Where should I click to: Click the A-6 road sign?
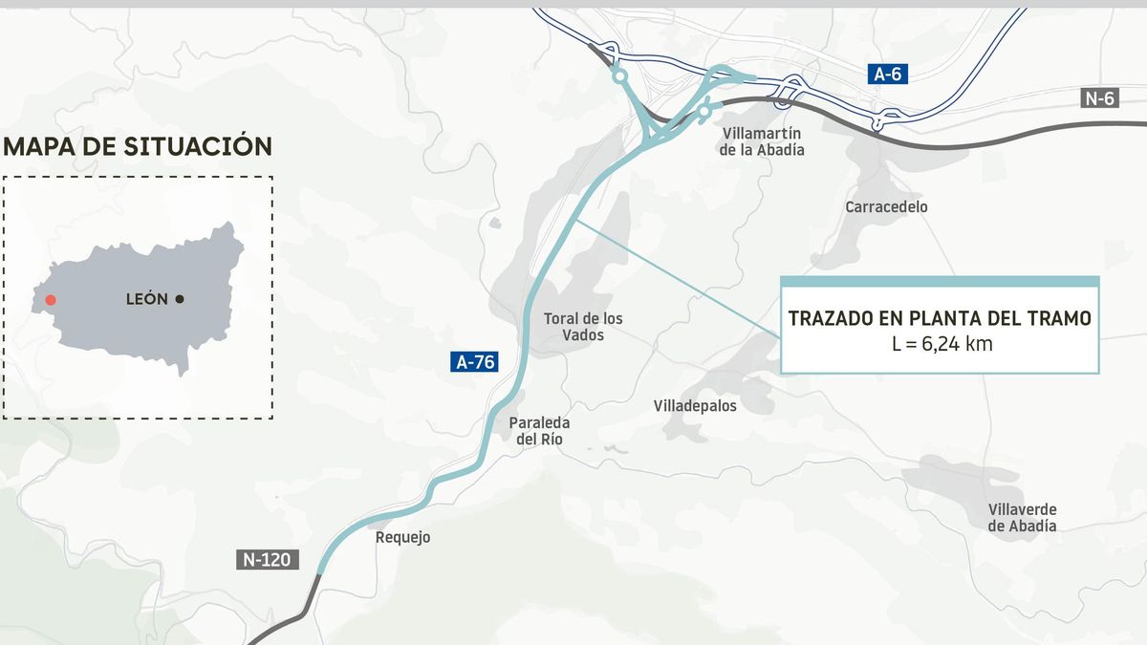[888, 75]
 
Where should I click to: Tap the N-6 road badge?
[1100, 97]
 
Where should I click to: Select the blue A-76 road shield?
[474, 362]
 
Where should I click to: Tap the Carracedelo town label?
[886, 206]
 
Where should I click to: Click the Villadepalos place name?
[695, 406]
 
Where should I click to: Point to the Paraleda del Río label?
[539, 431]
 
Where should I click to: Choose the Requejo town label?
[403, 537]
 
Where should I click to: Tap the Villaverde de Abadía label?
[1022, 518]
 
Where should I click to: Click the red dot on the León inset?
[51, 300]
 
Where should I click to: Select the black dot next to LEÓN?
[180, 299]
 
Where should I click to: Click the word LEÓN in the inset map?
[147, 299]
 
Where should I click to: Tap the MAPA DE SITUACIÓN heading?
[138, 146]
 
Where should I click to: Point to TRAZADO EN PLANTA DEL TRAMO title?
[940, 319]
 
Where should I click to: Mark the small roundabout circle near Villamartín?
[704, 111]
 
